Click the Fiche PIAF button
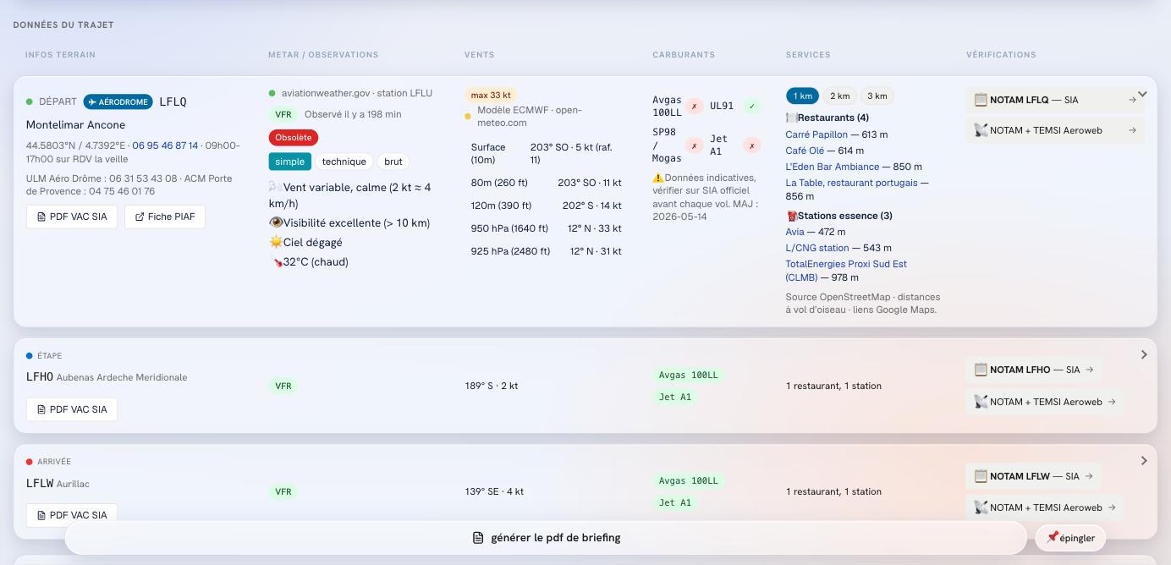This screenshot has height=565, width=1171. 165,217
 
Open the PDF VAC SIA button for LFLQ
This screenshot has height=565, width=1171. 72,217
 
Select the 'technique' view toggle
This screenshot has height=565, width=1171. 344,162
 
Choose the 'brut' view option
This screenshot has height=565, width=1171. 393,162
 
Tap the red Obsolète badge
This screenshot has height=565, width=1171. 294,138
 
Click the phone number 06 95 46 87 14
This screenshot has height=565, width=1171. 165,145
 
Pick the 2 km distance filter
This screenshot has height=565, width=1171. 839,96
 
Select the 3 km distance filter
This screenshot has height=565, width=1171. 877,96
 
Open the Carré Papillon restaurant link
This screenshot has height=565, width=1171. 816,134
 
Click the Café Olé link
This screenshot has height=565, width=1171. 805,151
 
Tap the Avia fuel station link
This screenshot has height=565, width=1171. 794,232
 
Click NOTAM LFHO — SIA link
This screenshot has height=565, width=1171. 1034,370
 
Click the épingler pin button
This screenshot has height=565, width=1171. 1070,538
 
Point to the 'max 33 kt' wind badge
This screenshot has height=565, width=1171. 491,95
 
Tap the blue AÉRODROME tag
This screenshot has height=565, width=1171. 118,101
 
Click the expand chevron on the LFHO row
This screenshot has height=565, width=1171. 1144,355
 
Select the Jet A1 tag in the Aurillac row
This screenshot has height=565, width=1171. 675,502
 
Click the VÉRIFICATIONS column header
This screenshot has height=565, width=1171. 1001,54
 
